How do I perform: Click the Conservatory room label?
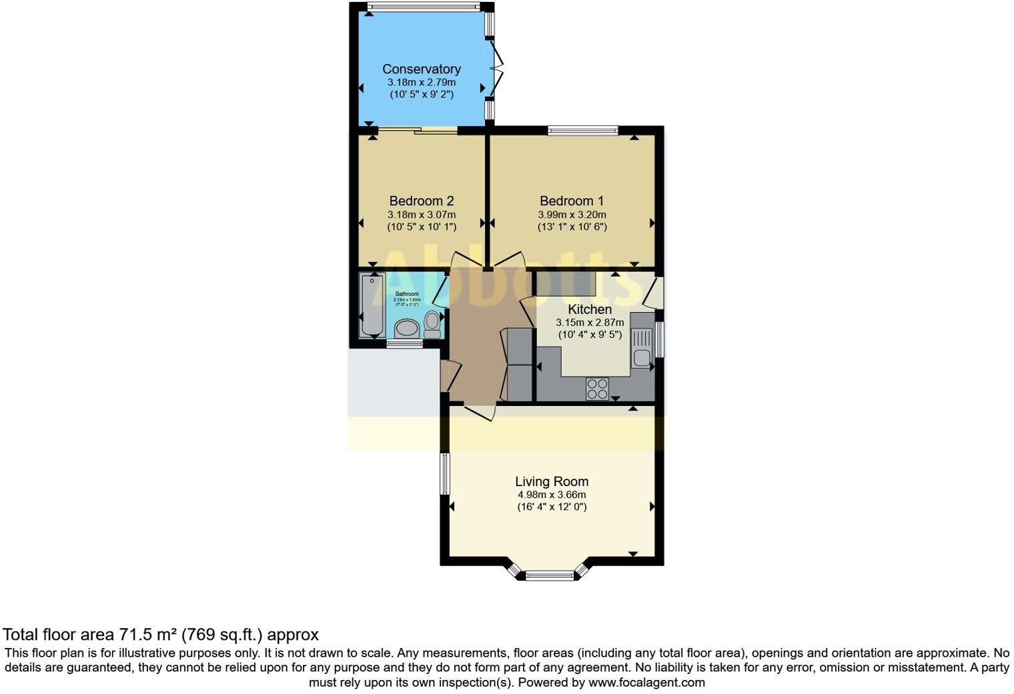pyautogui.click(x=421, y=69)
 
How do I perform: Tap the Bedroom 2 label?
pyautogui.click(x=421, y=201)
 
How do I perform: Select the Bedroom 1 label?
pyautogui.click(x=572, y=201)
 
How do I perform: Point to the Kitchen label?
pyautogui.click(x=589, y=309)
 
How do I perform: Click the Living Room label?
pyautogui.click(x=551, y=481)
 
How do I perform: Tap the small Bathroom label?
pyautogui.click(x=407, y=294)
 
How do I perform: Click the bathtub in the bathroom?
pyautogui.click(x=372, y=305)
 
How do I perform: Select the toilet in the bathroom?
pyautogui.click(x=432, y=323)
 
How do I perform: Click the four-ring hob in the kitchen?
pyautogui.click(x=597, y=389)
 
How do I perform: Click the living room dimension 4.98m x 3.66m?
pyautogui.click(x=551, y=495)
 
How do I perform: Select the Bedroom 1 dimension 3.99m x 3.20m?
pyautogui.click(x=572, y=215)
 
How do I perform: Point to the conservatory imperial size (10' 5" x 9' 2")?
pyautogui.click(x=421, y=95)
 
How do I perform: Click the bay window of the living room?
pyautogui.click(x=550, y=575)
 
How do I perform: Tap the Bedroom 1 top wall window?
pyautogui.click(x=583, y=131)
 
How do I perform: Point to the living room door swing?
pyautogui.click(x=479, y=412)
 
